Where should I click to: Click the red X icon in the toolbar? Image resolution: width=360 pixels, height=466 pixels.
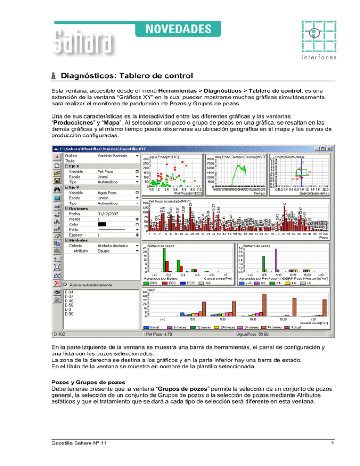tap(57, 283)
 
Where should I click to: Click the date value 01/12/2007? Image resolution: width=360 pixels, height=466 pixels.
tap(108, 214)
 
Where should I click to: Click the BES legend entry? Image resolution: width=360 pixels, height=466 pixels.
tap(167, 283)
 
